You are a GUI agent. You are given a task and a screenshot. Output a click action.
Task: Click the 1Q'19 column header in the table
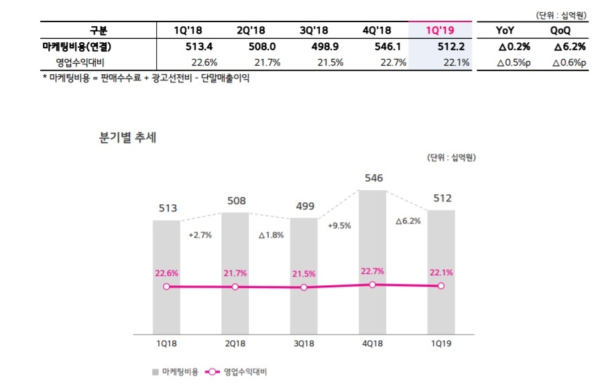click(x=440, y=30)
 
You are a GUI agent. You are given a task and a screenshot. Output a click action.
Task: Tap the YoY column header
click(x=505, y=30)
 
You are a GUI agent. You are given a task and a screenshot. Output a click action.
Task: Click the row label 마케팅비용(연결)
click(x=82, y=47)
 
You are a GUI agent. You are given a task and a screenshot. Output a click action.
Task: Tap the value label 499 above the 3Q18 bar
click(x=304, y=206)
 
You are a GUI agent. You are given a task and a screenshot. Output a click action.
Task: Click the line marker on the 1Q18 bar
click(x=166, y=287)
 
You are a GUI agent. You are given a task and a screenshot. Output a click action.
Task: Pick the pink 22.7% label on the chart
click(x=372, y=271)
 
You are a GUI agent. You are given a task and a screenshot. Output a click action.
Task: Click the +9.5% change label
click(x=339, y=226)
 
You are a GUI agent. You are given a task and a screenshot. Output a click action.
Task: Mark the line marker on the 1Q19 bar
click(x=440, y=286)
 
